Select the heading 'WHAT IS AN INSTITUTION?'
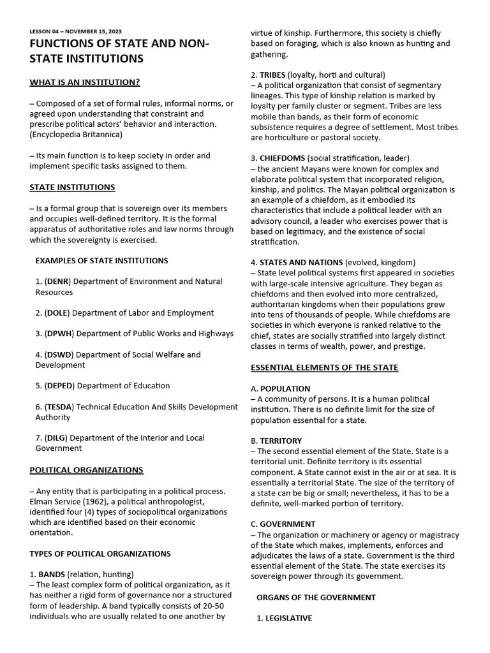click(x=85, y=82)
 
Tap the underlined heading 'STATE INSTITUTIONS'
click(x=72, y=187)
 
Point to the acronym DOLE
click(x=57, y=313)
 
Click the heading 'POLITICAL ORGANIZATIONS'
click(x=86, y=470)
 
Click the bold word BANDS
click(x=52, y=575)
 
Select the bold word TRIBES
click(x=272, y=75)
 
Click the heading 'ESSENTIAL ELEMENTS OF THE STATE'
click(x=324, y=367)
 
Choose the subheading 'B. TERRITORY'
click(x=276, y=441)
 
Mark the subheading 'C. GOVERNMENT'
click(x=283, y=524)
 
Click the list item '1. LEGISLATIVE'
click(x=284, y=619)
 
